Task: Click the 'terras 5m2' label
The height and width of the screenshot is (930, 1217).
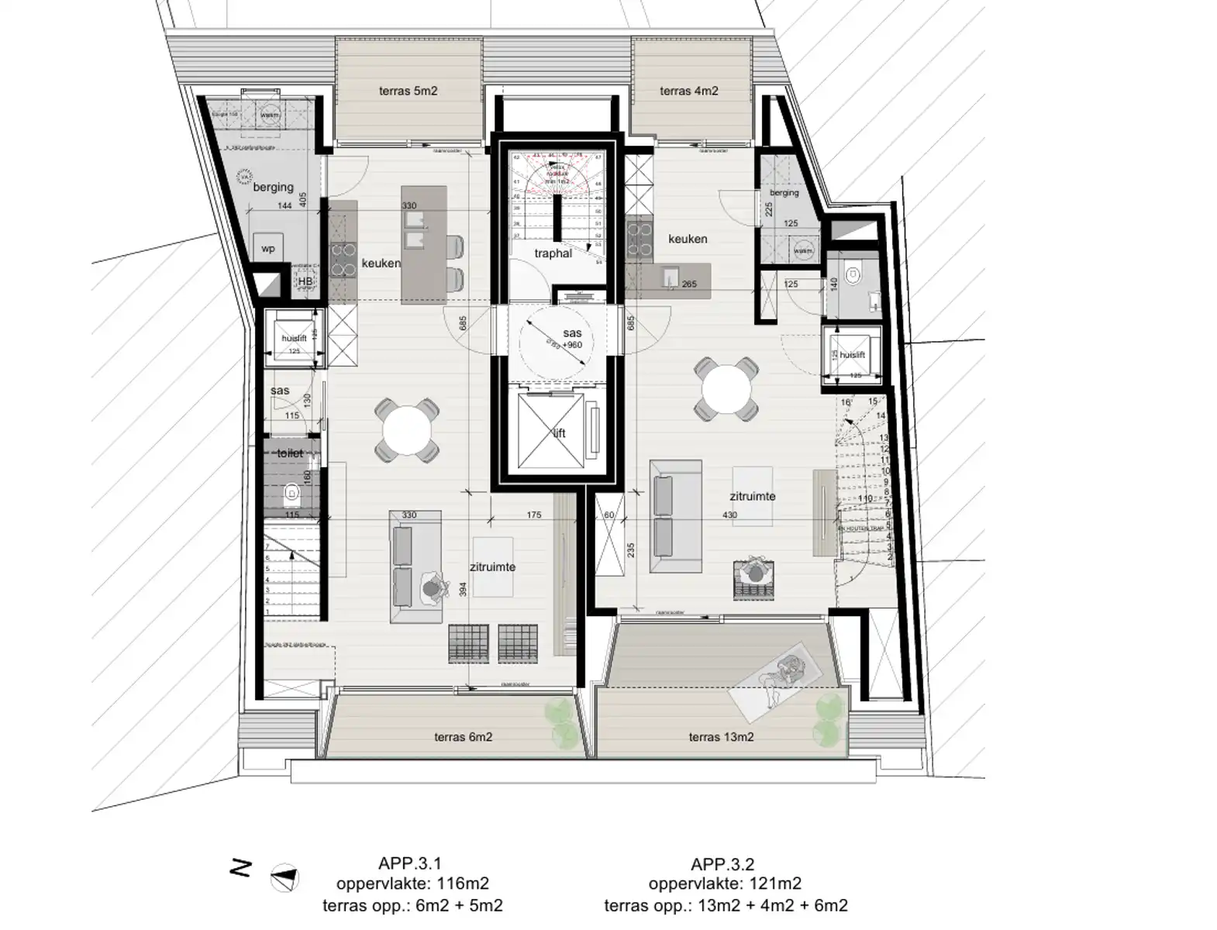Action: [408, 91]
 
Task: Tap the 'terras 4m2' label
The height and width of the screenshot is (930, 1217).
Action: [688, 91]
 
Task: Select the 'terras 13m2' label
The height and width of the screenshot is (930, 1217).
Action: [721, 737]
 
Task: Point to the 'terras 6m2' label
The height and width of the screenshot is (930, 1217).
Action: [463, 737]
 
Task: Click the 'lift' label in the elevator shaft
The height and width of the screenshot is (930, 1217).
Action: [560, 434]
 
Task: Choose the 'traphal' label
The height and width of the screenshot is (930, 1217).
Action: [553, 253]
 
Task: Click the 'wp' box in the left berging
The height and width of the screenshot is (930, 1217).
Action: [268, 250]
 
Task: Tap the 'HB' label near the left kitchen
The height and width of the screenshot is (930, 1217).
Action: [305, 281]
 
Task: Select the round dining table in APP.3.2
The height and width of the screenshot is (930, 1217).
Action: [726, 390]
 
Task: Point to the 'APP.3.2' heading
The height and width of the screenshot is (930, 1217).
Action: [722, 863]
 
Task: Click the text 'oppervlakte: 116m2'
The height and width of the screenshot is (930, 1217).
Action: [412, 883]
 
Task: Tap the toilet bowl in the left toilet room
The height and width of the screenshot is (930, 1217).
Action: [291, 491]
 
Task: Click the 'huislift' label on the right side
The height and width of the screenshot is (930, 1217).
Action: [852, 355]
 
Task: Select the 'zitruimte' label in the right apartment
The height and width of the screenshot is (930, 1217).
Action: [752, 497]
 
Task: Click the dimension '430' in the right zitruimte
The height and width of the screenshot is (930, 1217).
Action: [729, 515]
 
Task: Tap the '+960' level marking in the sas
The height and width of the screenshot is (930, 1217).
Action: [573, 345]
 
